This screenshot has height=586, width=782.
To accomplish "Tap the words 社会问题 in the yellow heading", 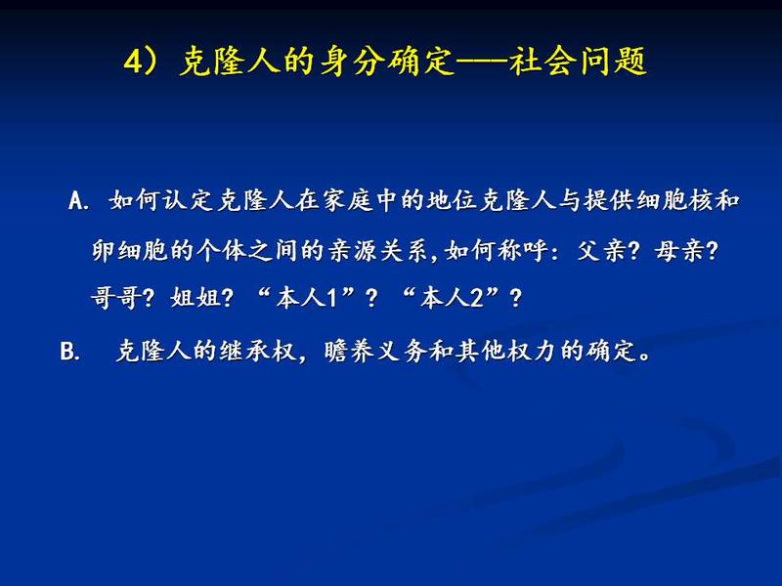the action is (578, 62).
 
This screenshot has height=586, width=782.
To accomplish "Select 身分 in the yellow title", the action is (352, 62).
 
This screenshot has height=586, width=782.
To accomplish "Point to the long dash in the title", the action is (481, 63).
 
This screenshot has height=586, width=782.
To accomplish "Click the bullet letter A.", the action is (78, 201).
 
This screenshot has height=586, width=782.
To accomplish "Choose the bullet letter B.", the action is (69, 352).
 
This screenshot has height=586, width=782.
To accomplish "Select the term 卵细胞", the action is (130, 250).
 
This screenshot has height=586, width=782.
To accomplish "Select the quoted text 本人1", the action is (306, 299).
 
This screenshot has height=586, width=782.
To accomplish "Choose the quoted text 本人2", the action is (450, 299).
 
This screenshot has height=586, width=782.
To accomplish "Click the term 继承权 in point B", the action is (258, 351).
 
